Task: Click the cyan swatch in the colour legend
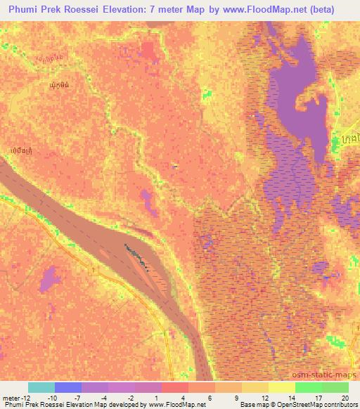point(41,387)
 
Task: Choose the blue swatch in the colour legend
point(67,387)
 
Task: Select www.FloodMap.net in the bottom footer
point(172,405)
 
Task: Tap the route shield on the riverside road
point(94,268)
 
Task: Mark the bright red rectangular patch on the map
point(148,48)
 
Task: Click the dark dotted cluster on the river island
point(137,254)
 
